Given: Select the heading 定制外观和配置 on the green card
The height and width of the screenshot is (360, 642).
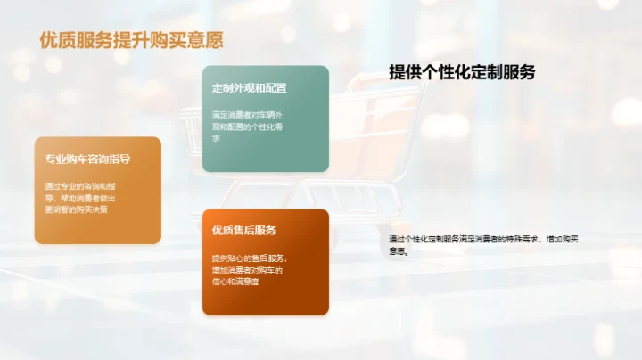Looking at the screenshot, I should (x=249, y=88).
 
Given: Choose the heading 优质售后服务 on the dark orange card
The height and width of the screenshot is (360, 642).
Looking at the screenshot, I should (x=244, y=231).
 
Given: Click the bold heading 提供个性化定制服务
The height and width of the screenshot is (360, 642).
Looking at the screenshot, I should (x=462, y=73).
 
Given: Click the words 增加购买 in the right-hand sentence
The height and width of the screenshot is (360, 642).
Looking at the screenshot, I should (x=564, y=239).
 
